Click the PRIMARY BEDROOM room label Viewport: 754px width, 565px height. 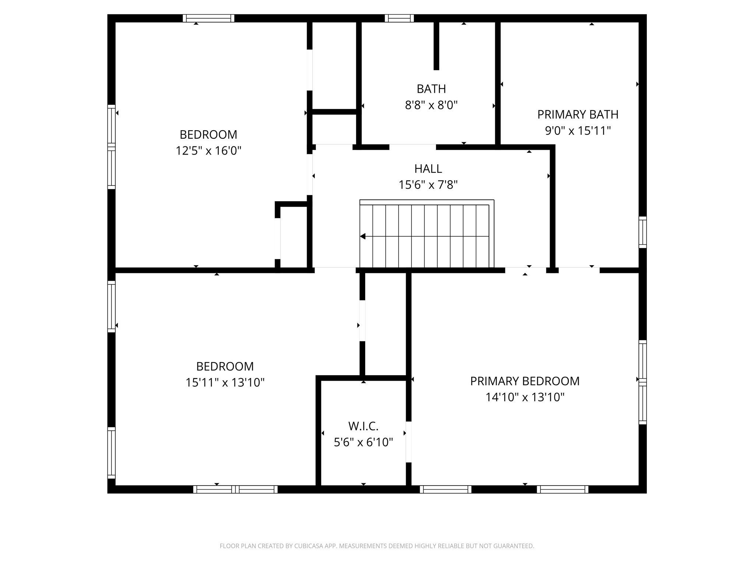(x=525, y=381)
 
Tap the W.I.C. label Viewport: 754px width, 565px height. (x=363, y=426)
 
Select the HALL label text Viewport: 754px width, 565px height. (x=428, y=169)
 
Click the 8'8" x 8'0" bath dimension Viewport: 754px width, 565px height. (x=431, y=106)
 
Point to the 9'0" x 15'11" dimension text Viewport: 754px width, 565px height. (x=578, y=131)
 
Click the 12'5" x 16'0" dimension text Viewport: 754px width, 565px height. (x=208, y=151)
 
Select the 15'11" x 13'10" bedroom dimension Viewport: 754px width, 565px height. (x=225, y=383)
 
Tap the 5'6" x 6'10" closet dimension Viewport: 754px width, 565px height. (x=363, y=442)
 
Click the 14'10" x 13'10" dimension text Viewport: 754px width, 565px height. (x=525, y=397)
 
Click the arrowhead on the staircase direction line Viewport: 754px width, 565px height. (x=363, y=237)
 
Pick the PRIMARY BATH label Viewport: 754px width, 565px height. (x=578, y=115)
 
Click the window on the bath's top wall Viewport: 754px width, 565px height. (x=399, y=18)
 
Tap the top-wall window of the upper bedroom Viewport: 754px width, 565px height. (x=208, y=18)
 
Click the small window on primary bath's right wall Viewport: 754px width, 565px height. (x=642, y=232)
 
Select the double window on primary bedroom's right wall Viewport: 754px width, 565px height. (x=642, y=382)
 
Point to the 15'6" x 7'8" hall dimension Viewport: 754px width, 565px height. (x=428, y=185)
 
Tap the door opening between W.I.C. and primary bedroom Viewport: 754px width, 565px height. (x=408, y=442)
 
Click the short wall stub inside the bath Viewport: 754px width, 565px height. (x=436, y=46)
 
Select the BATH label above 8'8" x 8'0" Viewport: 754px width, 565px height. (x=431, y=89)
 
